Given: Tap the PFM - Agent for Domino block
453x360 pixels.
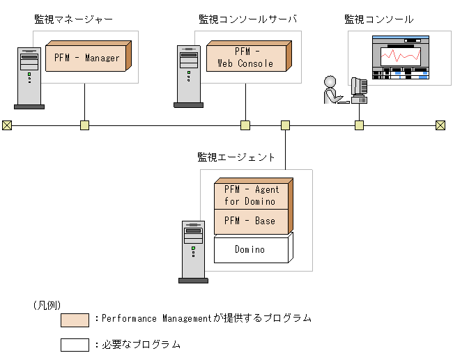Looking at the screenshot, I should point(251,195).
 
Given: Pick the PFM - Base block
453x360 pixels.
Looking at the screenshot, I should point(251,221).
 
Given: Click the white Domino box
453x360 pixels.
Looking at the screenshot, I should point(250,249).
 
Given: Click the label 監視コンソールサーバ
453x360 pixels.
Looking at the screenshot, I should point(247,19).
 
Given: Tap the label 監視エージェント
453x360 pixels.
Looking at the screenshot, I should point(236,157).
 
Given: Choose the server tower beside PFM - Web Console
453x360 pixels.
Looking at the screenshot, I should point(188,76).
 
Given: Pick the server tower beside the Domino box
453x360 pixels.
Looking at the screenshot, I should point(193,251).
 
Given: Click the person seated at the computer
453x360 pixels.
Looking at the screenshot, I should point(332,89).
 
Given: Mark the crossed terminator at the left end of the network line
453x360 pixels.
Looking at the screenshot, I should point(7,125).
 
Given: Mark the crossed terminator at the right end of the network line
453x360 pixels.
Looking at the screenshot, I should point(440,125).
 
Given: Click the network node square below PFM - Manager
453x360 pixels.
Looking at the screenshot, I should point(84,125).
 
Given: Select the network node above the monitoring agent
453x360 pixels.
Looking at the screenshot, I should point(285,125).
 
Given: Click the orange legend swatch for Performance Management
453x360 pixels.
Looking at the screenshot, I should point(75,320).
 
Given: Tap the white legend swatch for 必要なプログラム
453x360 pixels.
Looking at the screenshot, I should point(75,345).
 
